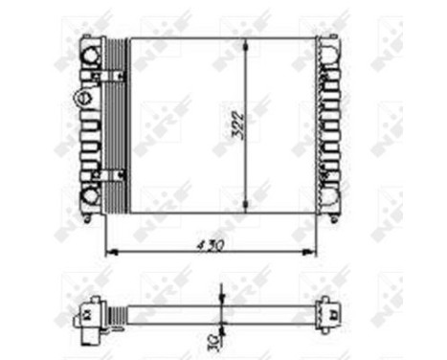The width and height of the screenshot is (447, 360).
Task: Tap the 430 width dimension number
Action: (x=211, y=244)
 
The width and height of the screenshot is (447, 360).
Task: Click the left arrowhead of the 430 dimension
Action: (x=107, y=252)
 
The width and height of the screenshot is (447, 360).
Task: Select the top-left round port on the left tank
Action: (x=91, y=56)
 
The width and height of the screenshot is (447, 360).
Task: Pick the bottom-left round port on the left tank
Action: (x=91, y=196)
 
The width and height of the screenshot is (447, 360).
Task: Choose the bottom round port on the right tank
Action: (x=329, y=198)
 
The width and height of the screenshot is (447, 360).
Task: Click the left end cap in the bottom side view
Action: (x=88, y=311)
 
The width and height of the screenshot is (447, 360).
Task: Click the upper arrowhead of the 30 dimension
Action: (x=222, y=305)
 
